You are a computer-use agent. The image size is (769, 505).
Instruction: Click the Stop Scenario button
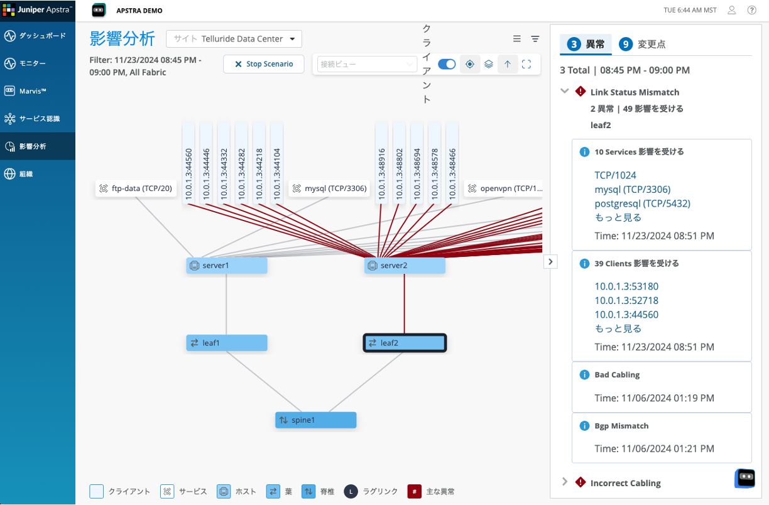click(x=263, y=64)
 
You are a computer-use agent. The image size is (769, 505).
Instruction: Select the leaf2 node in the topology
click(x=405, y=343)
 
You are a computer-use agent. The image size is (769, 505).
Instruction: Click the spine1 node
click(x=315, y=420)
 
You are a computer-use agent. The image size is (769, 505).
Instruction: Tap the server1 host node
click(x=226, y=266)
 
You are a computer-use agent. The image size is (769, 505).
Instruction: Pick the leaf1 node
click(x=226, y=343)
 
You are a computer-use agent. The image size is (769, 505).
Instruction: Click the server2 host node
click(x=405, y=266)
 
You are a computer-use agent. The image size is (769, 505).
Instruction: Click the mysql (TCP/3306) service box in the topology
click(x=329, y=188)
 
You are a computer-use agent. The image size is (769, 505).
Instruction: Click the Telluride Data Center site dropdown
click(x=234, y=39)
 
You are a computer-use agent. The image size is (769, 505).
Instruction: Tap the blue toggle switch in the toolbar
click(x=447, y=64)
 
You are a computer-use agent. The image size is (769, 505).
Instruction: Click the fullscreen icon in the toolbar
click(x=526, y=64)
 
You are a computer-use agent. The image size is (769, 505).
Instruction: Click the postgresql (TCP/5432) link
click(x=642, y=204)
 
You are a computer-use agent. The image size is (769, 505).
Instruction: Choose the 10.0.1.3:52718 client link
click(x=626, y=300)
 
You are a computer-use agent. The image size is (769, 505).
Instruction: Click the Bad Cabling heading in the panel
click(x=617, y=375)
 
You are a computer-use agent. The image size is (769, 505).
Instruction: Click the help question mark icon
click(x=751, y=10)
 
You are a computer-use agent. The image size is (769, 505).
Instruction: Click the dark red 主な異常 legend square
click(x=414, y=491)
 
